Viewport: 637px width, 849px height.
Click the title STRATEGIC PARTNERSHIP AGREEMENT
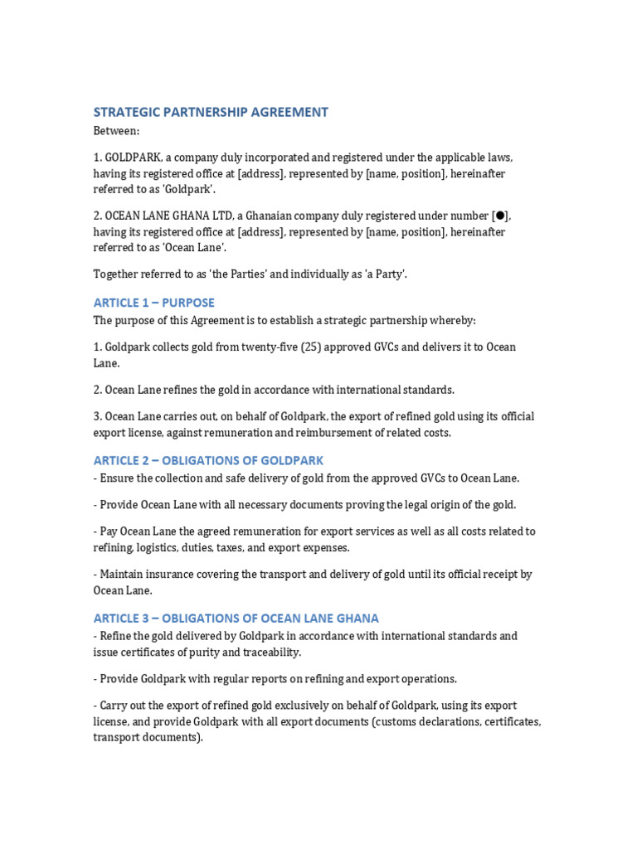coord(211,112)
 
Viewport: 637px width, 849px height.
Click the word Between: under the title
coord(116,131)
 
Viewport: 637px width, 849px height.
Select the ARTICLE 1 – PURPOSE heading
coord(153,303)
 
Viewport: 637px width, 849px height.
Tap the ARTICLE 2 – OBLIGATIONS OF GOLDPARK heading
coord(208,460)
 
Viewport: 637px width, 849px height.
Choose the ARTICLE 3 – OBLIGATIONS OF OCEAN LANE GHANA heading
coord(236,618)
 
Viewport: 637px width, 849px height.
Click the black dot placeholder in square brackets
coord(500,216)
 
